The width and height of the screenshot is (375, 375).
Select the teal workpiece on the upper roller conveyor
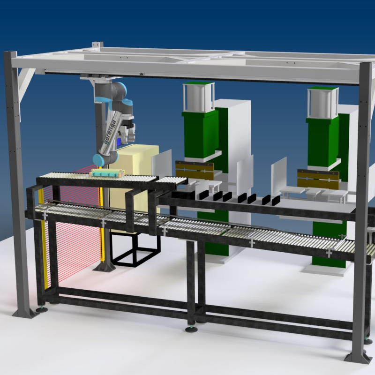(107, 172)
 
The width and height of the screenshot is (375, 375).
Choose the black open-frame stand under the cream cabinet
(135, 249)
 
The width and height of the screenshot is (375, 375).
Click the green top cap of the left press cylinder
(198, 83)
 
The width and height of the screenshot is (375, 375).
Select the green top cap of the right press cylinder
(323, 89)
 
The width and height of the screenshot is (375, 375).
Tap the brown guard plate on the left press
(195, 170)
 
